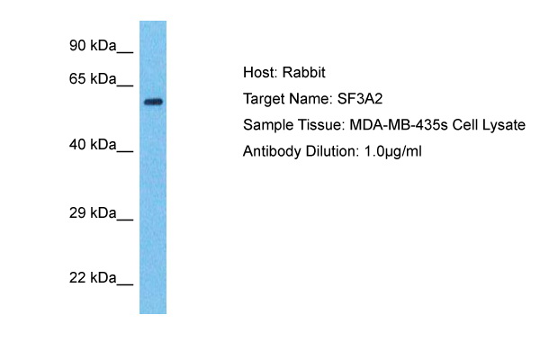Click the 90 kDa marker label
(93, 46)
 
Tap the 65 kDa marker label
(93, 79)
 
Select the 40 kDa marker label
(93, 145)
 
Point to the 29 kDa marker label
(93, 213)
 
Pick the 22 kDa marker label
(93, 278)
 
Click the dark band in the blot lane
(153, 102)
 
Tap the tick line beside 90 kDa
(125, 52)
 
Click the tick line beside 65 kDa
(125, 85)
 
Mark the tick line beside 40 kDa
(125, 151)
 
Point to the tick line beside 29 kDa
(125, 220)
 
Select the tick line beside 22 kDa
(125, 284)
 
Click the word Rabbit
(304, 72)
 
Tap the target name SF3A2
(359, 99)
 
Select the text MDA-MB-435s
(399, 125)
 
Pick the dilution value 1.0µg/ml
(392, 152)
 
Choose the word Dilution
(332, 151)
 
